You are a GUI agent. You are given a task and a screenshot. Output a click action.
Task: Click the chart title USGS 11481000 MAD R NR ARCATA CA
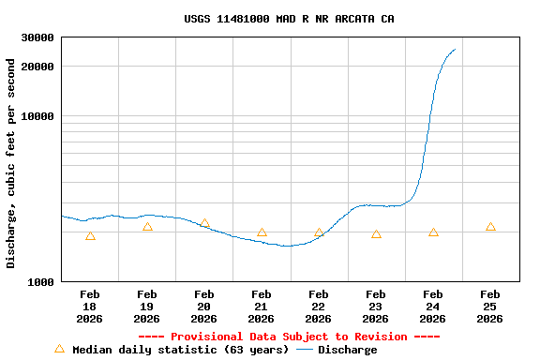tap(289, 19)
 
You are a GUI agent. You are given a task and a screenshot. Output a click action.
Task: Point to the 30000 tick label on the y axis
tap(37, 37)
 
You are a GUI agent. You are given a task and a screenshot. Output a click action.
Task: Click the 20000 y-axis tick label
tap(37, 67)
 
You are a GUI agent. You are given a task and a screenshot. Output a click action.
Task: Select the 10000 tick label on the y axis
tap(37, 116)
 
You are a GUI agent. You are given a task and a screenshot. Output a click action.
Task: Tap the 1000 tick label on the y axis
tap(40, 281)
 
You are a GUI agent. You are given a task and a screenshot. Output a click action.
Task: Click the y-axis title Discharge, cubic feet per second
tap(11, 163)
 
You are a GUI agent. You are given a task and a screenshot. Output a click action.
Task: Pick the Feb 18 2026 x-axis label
tap(90, 307)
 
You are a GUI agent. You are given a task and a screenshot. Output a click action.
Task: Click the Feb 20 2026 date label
tap(204, 307)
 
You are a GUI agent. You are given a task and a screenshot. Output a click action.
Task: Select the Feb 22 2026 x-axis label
tap(319, 307)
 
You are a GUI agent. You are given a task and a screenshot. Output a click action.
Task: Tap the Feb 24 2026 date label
tap(433, 307)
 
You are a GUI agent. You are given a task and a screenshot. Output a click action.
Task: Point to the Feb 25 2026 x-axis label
tap(490, 307)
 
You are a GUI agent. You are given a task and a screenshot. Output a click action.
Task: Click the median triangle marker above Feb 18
tap(90, 236)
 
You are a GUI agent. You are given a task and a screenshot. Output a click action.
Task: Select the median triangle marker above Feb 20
tap(204, 224)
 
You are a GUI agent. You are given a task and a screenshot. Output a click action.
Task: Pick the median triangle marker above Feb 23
tap(376, 234)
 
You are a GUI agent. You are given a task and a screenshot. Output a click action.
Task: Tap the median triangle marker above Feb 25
tap(490, 227)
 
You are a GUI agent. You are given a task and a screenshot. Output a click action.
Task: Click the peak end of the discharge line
tap(455, 50)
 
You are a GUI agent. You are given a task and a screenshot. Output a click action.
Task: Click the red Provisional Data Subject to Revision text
tap(289, 337)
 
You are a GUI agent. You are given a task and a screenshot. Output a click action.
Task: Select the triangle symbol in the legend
tap(59, 349)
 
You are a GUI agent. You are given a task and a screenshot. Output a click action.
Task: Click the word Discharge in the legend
tap(347, 350)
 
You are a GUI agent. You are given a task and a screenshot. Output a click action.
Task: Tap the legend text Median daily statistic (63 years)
tap(180, 350)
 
